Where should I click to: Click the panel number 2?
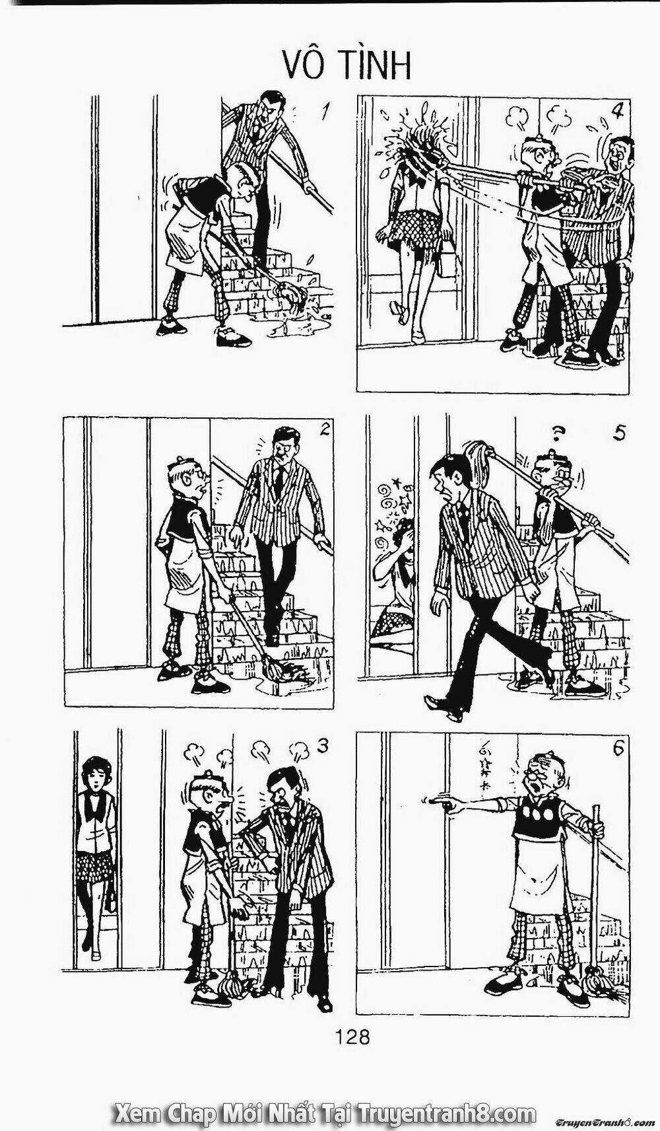[x=324, y=430]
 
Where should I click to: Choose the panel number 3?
[x=323, y=746]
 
